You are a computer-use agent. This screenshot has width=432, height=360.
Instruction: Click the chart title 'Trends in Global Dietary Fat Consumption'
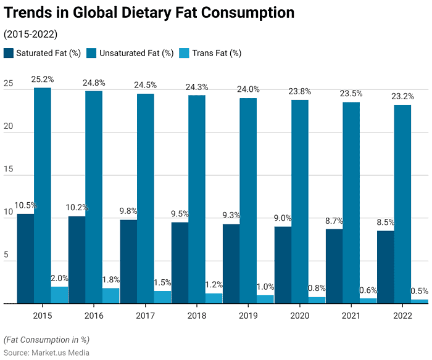coord(149,13)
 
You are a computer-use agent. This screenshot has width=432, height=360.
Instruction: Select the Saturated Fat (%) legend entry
coord(43,53)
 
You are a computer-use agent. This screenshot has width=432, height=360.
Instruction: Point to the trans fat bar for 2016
coord(111,296)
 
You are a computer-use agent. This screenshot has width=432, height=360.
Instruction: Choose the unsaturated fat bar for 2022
coord(402,204)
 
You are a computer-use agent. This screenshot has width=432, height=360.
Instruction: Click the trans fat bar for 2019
coord(265,299)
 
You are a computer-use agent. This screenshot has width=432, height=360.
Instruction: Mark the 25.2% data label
coord(43,80)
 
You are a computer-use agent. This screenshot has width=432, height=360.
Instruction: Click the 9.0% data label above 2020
coord(283,218)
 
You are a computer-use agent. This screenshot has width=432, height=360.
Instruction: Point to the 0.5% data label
coord(420,291)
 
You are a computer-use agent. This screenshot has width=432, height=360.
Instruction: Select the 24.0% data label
coord(248,89)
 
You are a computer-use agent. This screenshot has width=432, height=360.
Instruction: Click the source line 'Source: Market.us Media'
coord(46,353)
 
